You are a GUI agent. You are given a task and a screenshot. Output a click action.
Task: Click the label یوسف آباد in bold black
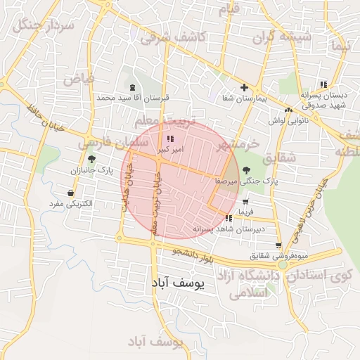pyautogui.click(x=177, y=283)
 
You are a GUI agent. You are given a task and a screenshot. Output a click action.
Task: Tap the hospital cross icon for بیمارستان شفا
pyautogui.click(x=244, y=88)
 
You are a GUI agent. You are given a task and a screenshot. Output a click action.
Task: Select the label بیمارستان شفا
pyautogui.click(x=243, y=100)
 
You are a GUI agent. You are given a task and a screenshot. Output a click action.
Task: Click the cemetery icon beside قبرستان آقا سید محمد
pyautogui.click(x=133, y=87)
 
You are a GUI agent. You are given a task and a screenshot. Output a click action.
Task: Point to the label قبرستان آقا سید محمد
pyautogui.click(x=133, y=98)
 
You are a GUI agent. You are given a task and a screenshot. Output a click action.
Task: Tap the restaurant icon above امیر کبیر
pyautogui.click(x=171, y=139)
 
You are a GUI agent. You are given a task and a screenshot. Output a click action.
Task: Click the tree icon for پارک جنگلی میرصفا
pyautogui.click(x=245, y=170)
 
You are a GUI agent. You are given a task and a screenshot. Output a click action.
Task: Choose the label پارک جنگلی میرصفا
pyautogui.click(x=246, y=181)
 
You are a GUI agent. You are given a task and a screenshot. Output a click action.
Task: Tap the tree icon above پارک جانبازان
pyautogui.click(x=91, y=159)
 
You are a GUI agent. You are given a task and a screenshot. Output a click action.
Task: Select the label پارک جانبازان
pyautogui.click(x=91, y=170)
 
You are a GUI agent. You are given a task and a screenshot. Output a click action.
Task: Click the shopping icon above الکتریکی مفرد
pyautogui.click(x=71, y=193)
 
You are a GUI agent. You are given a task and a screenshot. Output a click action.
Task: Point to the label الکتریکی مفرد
pyautogui.click(x=72, y=204)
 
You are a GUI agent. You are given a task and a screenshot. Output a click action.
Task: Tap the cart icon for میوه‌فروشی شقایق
pyautogui.click(x=279, y=245)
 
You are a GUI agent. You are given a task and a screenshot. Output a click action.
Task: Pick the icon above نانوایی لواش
pyautogui.click(x=288, y=110)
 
